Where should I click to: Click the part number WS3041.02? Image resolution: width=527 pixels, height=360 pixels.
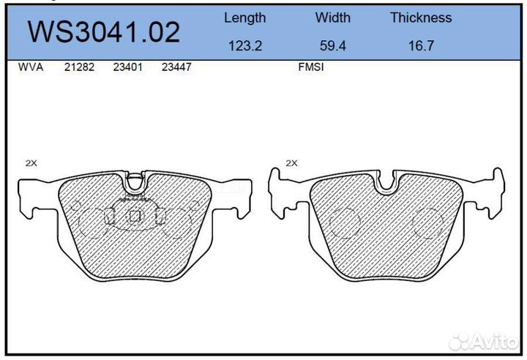click(x=104, y=32)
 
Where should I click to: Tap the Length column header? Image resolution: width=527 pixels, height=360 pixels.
click(x=245, y=18)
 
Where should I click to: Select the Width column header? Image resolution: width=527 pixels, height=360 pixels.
click(x=333, y=18)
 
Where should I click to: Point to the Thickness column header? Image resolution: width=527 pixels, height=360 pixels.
click(x=421, y=18)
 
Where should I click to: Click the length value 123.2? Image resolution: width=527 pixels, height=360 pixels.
click(x=245, y=45)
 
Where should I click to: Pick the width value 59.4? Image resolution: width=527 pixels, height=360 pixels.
click(x=333, y=45)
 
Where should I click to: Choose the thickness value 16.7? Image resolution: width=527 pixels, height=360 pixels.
click(x=421, y=45)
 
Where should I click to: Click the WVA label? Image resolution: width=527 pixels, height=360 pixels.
click(x=31, y=67)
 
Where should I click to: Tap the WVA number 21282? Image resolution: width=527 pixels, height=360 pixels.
click(x=79, y=67)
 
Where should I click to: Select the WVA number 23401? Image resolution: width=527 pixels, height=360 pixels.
click(x=127, y=67)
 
